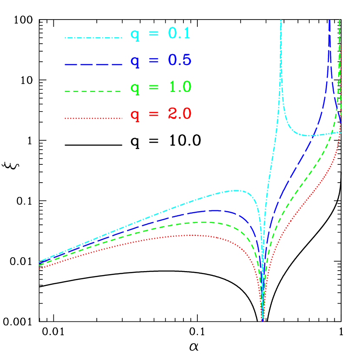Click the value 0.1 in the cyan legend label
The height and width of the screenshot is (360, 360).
(x=179, y=33)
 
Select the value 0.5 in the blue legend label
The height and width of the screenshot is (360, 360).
(x=180, y=60)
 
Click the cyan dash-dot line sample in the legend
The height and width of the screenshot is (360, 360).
(x=94, y=38)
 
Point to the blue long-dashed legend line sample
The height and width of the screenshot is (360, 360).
(x=94, y=65)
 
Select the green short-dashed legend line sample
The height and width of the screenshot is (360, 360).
(x=94, y=92)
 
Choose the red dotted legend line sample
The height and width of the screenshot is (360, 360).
(x=94, y=118)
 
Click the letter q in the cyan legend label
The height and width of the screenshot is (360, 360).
(x=135, y=35)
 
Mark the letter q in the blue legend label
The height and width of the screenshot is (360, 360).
(x=135, y=62)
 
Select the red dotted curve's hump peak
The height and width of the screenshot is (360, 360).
(x=191, y=235)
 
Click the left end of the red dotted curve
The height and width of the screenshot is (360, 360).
(x=39, y=268)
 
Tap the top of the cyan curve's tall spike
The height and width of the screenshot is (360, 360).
(x=281, y=20)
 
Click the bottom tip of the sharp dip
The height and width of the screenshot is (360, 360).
(x=262, y=321)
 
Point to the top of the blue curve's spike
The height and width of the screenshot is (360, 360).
(x=330, y=20)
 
